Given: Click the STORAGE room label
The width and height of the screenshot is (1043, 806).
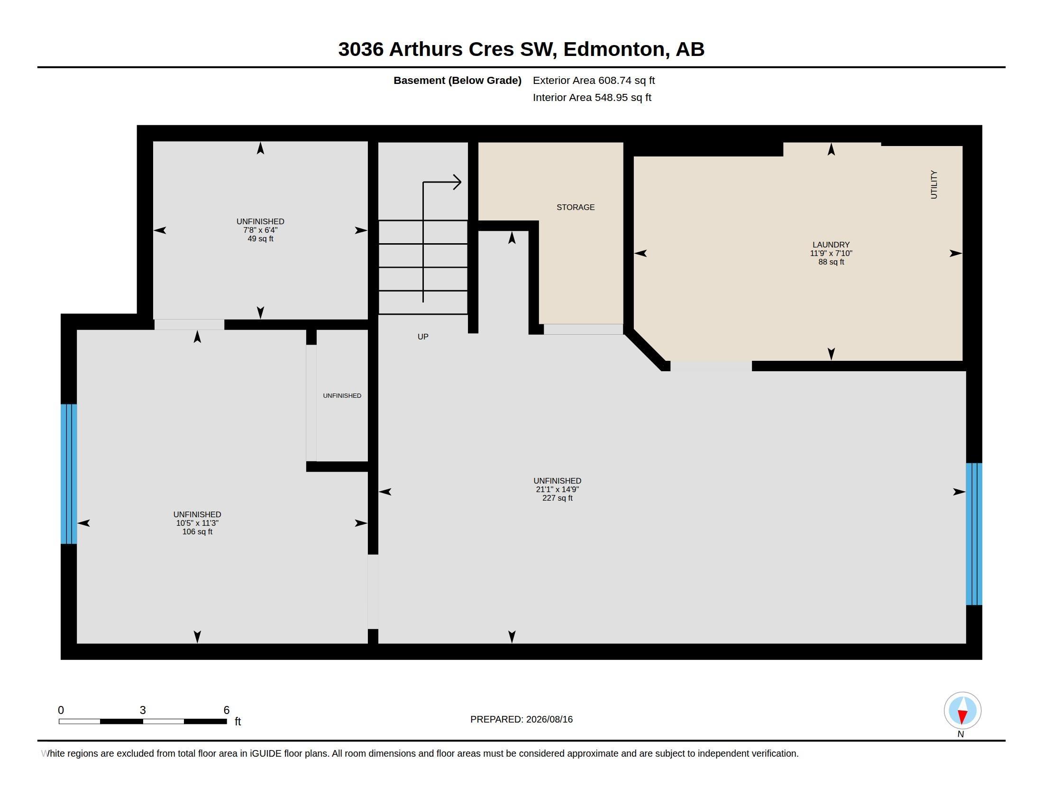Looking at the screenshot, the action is coord(576,207).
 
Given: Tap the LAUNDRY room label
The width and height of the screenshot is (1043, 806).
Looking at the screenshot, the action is coord(831,245).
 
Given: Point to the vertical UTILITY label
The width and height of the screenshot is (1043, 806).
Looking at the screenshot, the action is coord(933,184).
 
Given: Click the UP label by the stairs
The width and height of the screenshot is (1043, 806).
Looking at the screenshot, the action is coord(422,337).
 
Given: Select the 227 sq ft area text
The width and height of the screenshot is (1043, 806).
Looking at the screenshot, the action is coord(558,498).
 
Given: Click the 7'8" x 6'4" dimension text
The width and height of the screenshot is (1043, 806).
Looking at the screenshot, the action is coord(260,230).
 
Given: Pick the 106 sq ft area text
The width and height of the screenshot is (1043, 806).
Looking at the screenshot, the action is coord(197,531).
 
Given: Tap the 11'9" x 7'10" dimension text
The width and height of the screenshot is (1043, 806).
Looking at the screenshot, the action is coord(831,253).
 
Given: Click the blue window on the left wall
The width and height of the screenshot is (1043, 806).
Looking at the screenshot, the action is coord(69,474).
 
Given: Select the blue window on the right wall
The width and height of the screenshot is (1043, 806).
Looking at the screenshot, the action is coord(974,534).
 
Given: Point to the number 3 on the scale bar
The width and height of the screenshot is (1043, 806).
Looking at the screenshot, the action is coord(142,710).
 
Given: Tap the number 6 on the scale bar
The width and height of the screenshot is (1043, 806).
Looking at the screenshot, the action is coord(226,710).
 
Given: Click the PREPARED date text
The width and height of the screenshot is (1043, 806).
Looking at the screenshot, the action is coord(521,719).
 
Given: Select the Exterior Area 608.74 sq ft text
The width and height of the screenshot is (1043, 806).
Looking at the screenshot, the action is coord(594,80).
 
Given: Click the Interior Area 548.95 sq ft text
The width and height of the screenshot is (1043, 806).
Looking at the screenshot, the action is coord(592,97).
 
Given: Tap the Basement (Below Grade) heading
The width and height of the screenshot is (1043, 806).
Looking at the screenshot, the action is coord(457,80).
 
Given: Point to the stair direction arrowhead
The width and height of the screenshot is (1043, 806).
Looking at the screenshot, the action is coord(457,182).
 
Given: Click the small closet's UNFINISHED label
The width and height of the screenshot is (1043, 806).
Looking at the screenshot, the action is coord(342,395).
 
